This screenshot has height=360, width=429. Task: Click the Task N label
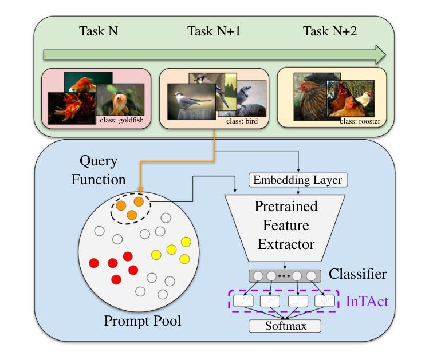click(x=99, y=31)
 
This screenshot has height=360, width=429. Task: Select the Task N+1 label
click(x=214, y=31)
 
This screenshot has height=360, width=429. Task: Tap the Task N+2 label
click(x=330, y=31)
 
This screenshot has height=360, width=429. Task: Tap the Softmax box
click(x=285, y=326)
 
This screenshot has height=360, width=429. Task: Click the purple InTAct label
click(x=367, y=300)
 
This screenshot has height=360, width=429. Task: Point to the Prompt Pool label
click(x=143, y=321)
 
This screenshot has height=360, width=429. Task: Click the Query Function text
click(x=98, y=171)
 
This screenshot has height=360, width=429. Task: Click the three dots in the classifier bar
click(x=285, y=276)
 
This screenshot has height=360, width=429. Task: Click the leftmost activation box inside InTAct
click(x=243, y=300)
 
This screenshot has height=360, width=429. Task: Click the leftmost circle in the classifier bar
click(x=258, y=276)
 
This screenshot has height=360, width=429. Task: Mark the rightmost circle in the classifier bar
click(x=312, y=276)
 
